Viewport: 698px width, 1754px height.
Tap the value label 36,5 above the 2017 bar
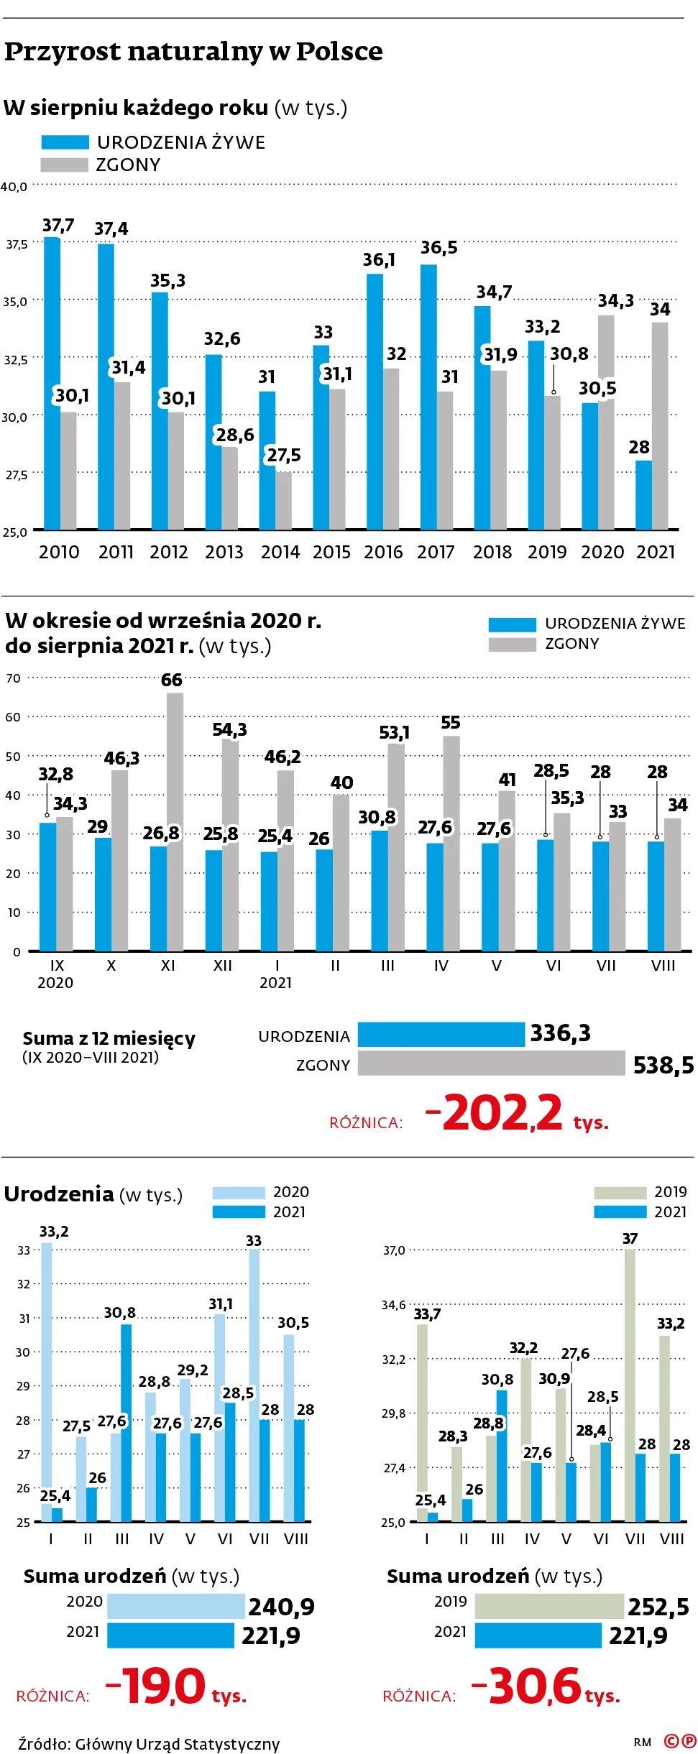pyautogui.click(x=439, y=248)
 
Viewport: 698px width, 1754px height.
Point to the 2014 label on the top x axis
pyautogui.click(x=280, y=552)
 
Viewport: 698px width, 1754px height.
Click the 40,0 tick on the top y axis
pyautogui.click(x=14, y=187)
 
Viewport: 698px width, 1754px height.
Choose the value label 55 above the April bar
pyautogui.click(x=451, y=723)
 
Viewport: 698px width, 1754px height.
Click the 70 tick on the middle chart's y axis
pyautogui.click(x=13, y=678)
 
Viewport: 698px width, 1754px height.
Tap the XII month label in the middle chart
pyautogui.click(x=223, y=966)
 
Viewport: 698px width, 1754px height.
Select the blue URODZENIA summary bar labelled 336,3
pyautogui.click(x=441, y=1034)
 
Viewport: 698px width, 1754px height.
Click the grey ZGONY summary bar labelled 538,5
pyautogui.click(x=491, y=1063)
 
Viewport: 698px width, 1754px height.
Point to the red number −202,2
pyautogui.click(x=494, y=1112)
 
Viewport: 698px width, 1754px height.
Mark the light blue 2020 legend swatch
pyautogui.click(x=239, y=1193)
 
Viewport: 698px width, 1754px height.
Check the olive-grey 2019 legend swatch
pyautogui.click(x=620, y=1193)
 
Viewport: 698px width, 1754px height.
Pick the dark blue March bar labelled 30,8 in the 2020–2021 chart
pyautogui.click(x=127, y=1423)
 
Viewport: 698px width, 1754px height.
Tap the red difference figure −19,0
pyautogui.click(x=156, y=1686)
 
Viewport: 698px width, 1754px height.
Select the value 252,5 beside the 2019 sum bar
pyautogui.click(x=658, y=1607)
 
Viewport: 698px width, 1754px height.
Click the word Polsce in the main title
pyautogui.click(x=339, y=52)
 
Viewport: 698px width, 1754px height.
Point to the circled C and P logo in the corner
pyautogui.click(x=679, y=1741)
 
